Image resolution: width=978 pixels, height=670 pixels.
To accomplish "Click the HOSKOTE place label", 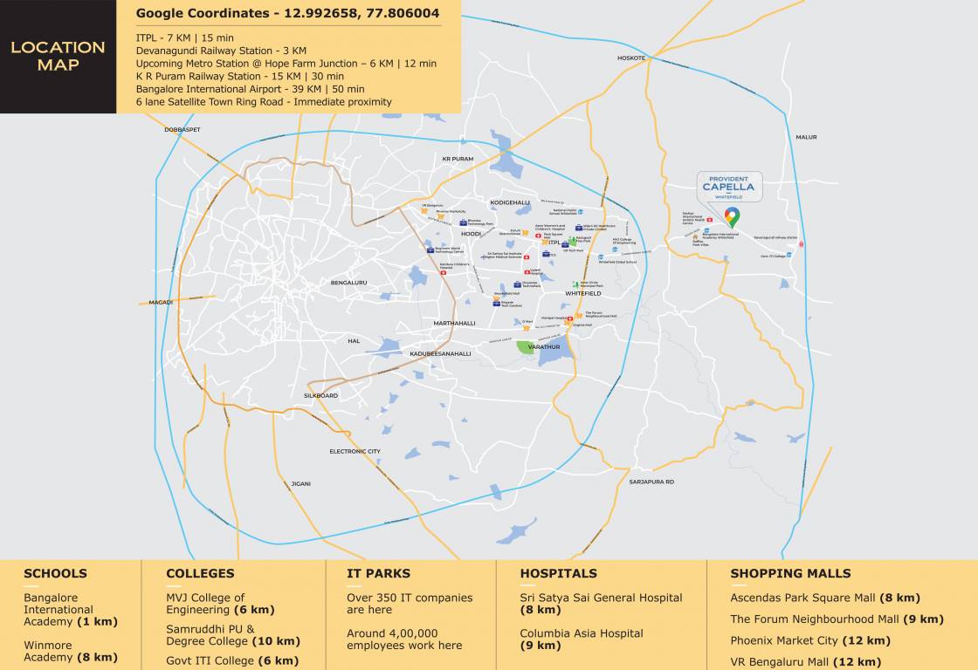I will (631, 58).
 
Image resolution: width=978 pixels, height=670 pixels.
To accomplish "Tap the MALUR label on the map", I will (806, 137).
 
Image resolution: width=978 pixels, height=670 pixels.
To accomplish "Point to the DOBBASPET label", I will (183, 129).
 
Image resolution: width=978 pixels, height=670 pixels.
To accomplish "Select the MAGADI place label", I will (161, 302).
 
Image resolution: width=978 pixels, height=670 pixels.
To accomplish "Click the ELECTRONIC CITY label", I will (355, 451).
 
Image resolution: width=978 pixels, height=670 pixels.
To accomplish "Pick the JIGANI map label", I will (300, 483).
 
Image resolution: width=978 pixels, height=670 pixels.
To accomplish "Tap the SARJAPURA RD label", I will (651, 482).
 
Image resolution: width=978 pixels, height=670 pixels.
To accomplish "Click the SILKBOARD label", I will (320, 395).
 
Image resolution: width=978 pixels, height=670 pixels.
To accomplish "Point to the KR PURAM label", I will (458, 159).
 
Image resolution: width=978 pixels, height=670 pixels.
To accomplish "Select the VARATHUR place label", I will (543, 346).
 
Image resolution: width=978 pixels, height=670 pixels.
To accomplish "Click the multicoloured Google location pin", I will (732, 216).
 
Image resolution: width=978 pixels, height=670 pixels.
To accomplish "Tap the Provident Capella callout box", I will (729, 187).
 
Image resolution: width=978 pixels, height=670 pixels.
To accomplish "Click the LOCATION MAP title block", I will (58, 56).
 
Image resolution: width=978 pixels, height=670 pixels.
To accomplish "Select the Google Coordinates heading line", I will (287, 13).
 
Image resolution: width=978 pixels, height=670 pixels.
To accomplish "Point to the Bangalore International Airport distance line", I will (251, 89).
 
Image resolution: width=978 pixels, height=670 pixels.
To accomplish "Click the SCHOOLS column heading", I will (55, 573).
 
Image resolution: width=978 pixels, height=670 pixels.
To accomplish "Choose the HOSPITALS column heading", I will (558, 573).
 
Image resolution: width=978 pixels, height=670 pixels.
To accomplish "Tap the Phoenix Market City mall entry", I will (810, 640).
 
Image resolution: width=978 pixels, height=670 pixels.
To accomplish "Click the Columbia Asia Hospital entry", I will (582, 639).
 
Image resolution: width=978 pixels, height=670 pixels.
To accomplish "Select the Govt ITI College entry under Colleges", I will (232, 661).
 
